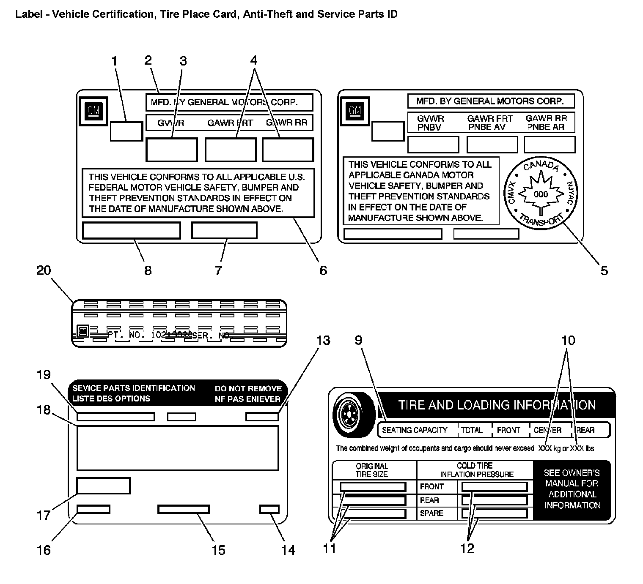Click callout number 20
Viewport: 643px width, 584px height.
click(x=44, y=270)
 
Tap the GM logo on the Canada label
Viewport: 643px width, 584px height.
click(x=355, y=111)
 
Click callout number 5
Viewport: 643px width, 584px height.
click(x=604, y=270)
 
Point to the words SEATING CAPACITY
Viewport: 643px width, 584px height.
click(x=415, y=430)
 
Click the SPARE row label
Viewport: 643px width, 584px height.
click(x=431, y=513)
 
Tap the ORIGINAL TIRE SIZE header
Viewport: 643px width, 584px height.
click(x=372, y=470)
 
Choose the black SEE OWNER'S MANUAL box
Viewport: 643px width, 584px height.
click(x=572, y=489)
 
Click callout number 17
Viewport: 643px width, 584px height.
click(x=44, y=516)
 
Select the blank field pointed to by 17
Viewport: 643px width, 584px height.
click(x=103, y=486)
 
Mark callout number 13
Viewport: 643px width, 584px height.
click(x=323, y=340)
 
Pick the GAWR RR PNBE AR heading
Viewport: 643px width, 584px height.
click(x=546, y=123)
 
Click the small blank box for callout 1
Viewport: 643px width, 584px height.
click(x=126, y=131)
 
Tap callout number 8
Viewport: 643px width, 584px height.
click(x=148, y=270)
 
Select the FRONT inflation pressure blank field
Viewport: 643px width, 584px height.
click(x=495, y=486)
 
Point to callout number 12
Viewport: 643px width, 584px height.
click(x=467, y=549)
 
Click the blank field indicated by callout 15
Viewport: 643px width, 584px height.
click(x=184, y=509)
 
